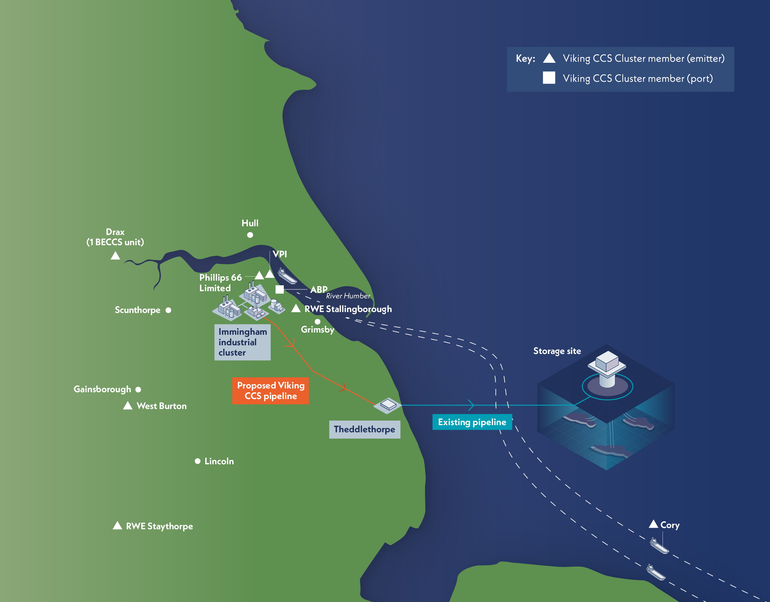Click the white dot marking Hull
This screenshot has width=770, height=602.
[250, 235]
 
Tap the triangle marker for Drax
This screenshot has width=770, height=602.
[115, 255]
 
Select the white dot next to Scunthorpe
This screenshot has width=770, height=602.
[169, 310]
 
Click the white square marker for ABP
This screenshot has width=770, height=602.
[279, 289]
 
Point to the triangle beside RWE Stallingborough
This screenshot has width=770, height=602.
[296, 308]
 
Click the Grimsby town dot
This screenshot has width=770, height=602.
[318, 322]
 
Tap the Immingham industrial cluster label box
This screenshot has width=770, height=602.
[242, 342]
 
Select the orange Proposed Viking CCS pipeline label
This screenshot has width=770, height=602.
[270, 391]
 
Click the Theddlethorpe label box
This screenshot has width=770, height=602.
[365, 430]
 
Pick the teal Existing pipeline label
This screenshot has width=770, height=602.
[472, 422]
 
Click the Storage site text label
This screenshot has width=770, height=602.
[557, 351]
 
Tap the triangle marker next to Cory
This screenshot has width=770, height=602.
[653, 524]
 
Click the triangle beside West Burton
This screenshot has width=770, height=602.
[128, 406]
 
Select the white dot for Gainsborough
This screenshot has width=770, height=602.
[138, 389]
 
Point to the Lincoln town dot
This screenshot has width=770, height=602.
[198, 461]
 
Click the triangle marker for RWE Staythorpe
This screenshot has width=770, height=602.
[117, 526]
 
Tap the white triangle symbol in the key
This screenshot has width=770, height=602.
[549, 58]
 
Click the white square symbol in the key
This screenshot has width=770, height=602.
[549, 78]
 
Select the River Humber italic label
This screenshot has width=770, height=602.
[348, 296]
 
